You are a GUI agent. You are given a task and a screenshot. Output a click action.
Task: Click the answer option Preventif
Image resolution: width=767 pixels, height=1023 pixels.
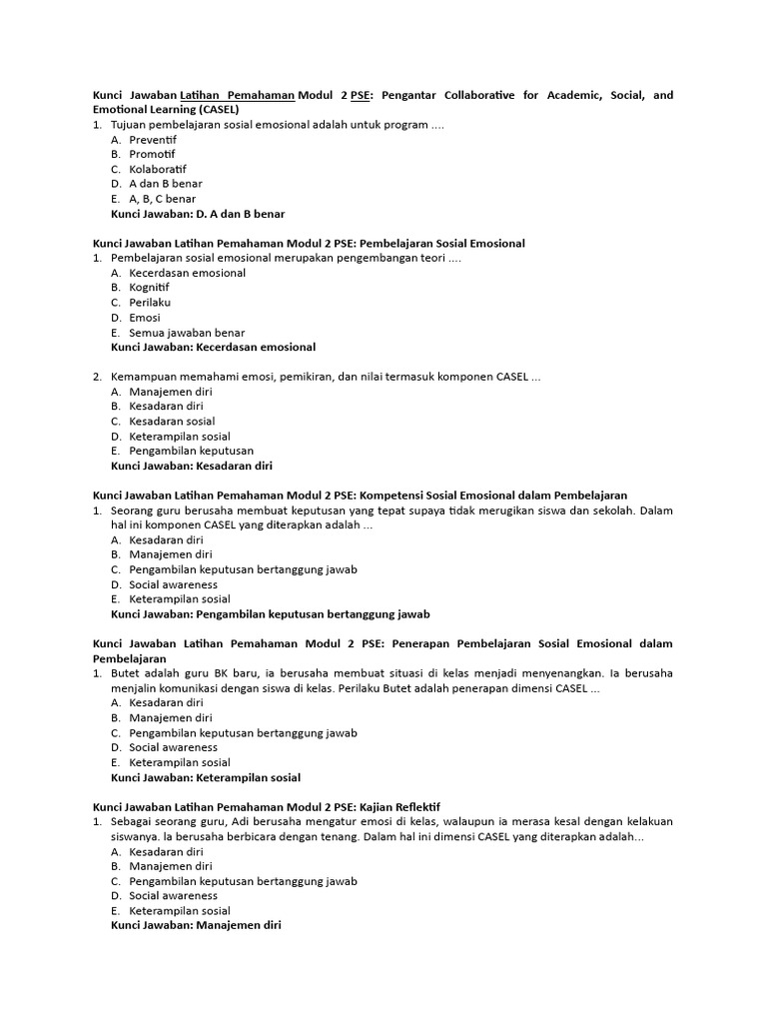tap(152, 140)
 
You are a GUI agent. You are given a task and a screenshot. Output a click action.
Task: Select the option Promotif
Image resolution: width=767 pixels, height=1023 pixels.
tap(152, 155)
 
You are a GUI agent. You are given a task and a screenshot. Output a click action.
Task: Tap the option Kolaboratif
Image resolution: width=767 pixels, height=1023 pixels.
tap(158, 169)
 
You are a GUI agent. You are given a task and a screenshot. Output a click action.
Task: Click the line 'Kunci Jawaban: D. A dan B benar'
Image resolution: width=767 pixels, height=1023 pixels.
tap(198, 214)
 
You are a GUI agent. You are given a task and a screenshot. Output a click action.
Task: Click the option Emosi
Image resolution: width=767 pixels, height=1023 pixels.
tap(145, 318)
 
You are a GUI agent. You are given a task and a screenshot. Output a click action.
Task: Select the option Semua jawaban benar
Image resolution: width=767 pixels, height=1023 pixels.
tap(187, 333)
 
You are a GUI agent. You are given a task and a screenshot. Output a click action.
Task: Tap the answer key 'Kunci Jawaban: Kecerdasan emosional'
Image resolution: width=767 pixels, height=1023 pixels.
tap(213, 348)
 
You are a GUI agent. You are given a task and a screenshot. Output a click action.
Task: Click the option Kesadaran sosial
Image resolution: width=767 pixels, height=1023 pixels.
tap(172, 422)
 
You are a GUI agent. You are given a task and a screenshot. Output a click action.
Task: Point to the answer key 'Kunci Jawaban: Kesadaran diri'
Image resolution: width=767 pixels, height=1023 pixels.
tap(191, 466)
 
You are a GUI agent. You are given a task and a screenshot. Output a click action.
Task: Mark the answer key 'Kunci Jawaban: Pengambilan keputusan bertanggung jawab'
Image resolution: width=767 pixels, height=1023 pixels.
tap(270, 614)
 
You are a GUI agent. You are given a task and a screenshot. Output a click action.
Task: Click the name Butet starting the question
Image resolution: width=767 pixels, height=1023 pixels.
tap(127, 673)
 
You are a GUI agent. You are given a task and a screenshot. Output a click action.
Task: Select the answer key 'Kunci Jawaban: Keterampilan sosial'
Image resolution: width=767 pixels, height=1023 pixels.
tap(205, 777)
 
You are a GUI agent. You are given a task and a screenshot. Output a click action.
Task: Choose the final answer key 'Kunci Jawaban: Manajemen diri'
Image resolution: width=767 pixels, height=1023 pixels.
tap(196, 926)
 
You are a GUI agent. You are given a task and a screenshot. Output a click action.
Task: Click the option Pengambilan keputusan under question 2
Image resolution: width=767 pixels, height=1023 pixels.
tap(191, 451)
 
